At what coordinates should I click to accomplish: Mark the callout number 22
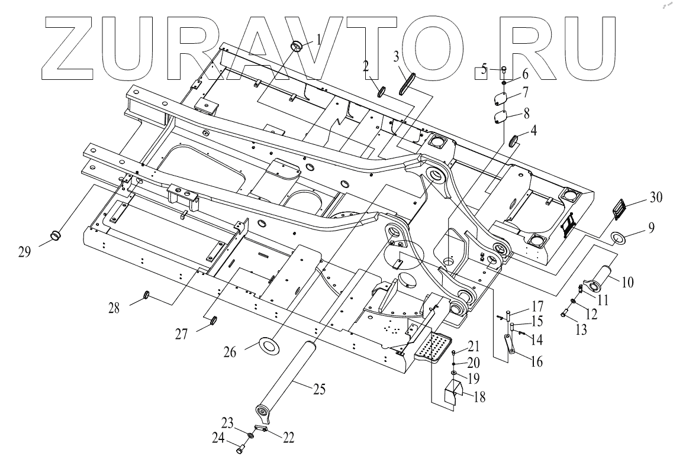(x=289, y=438)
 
